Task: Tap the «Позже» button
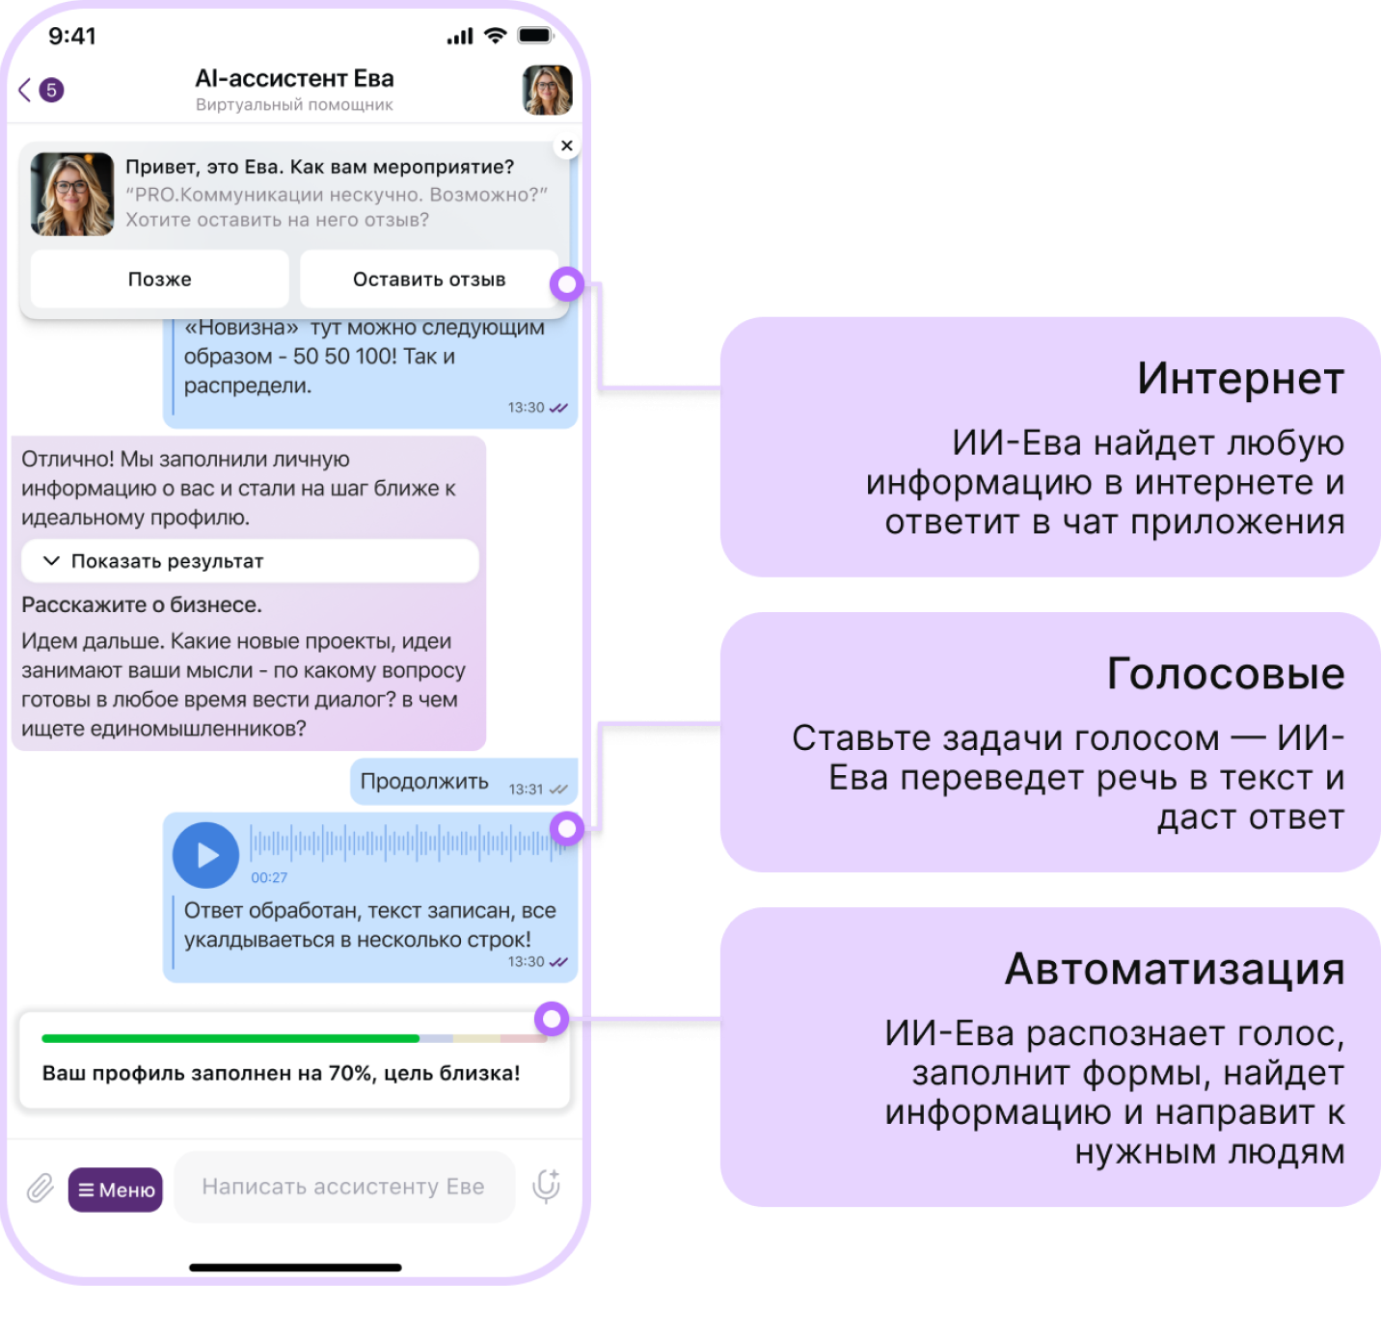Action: [x=160, y=280]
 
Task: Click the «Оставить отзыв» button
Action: [x=428, y=280]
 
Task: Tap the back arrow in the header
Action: [x=25, y=91]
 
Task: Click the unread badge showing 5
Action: [x=51, y=91]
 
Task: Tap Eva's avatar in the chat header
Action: [x=547, y=91]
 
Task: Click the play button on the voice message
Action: [x=206, y=855]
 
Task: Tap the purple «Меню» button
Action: [x=116, y=1190]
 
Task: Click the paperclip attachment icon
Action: [x=40, y=1189]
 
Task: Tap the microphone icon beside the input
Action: [x=546, y=1187]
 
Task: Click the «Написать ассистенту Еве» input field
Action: [x=343, y=1187]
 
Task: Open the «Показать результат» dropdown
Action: [x=250, y=561]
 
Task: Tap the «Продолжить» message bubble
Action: [x=424, y=782]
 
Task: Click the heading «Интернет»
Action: [x=1240, y=379]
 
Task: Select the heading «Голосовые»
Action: [x=1226, y=674]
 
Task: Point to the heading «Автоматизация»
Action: [x=1175, y=969]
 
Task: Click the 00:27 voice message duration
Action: [x=269, y=877]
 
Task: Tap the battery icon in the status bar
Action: [x=535, y=37]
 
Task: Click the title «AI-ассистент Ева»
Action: [x=294, y=79]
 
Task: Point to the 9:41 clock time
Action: [x=72, y=37]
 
